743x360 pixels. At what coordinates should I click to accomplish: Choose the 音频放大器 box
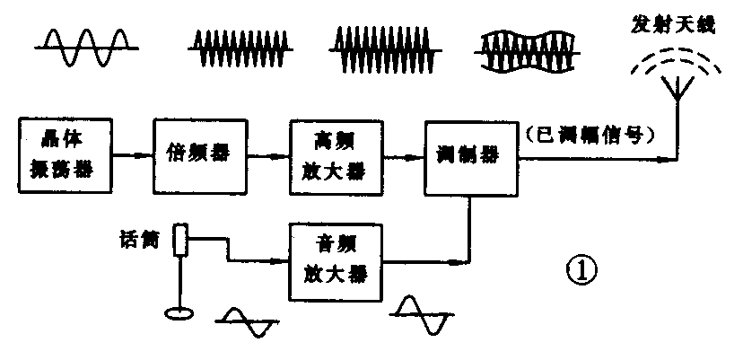pos(329,260)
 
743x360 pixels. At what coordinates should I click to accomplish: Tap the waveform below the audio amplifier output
pos(421,315)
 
